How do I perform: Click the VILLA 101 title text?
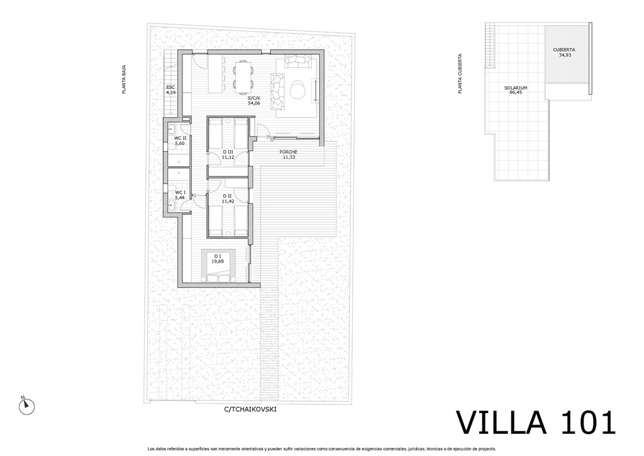pyautogui.click(x=536, y=423)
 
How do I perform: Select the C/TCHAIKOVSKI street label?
pyautogui.click(x=250, y=409)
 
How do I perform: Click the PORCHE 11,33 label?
pyautogui.click(x=288, y=154)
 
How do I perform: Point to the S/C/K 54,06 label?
pyautogui.click(x=254, y=101)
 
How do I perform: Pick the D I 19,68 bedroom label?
pyautogui.click(x=218, y=258)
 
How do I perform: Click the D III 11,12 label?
pyautogui.click(x=228, y=154)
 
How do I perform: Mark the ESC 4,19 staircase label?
pyautogui.click(x=170, y=89)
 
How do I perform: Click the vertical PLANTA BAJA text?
pyautogui.click(x=124, y=80)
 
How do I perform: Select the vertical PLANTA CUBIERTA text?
pyautogui.click(x=460, y=74)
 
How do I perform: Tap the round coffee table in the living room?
pyautogui.click(x=297, y=89)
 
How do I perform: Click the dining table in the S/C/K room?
pyautogui.click(x=242, y=76)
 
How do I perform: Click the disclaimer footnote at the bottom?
pyautogui.click(x=321, y=449)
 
